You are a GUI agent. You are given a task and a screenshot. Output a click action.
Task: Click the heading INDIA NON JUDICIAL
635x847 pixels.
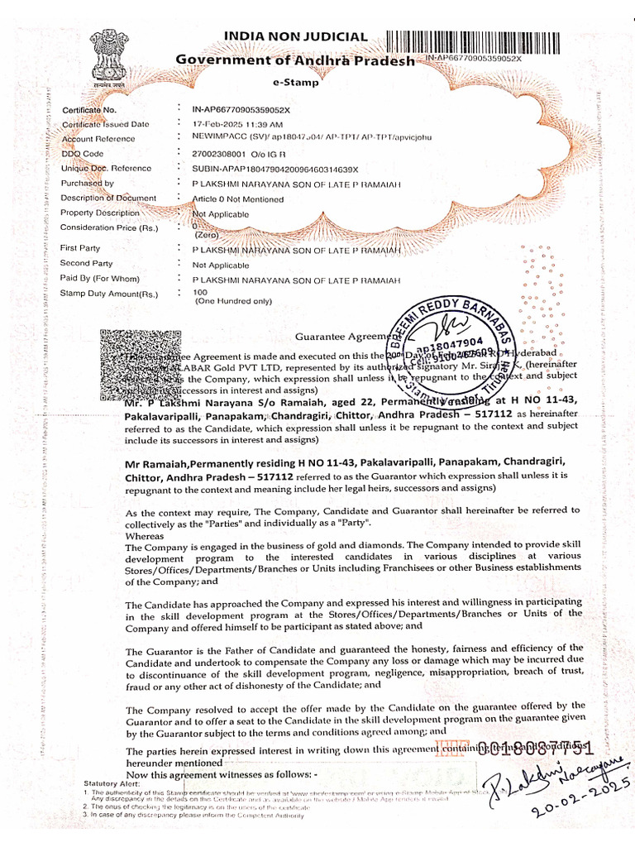(295, 36)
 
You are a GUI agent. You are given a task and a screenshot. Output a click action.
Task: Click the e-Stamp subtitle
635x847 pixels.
(295, 83)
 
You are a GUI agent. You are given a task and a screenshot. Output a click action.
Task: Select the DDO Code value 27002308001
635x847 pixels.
(218, 154)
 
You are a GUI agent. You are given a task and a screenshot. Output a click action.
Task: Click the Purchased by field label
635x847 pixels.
(88, 184)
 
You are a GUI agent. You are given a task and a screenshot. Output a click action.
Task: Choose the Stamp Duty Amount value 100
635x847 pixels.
(199, 294)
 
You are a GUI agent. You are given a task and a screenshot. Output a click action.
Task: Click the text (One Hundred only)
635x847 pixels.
(232, 302)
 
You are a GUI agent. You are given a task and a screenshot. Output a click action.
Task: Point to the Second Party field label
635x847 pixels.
(86, 264)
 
